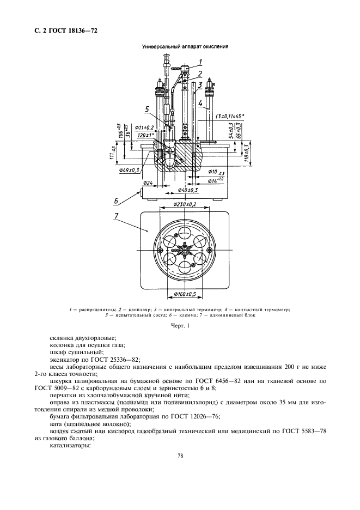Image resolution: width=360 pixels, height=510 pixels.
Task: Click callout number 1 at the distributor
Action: (x=200, y=62)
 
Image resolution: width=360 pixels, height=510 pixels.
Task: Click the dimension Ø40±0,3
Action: (x=187, y=190)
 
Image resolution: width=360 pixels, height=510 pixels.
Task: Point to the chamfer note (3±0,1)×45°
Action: (x=229, y=116)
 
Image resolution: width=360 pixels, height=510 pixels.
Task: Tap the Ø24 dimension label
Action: (x=148, y=183)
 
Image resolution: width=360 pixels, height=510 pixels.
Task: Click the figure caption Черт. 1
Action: (x=180, y=326)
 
